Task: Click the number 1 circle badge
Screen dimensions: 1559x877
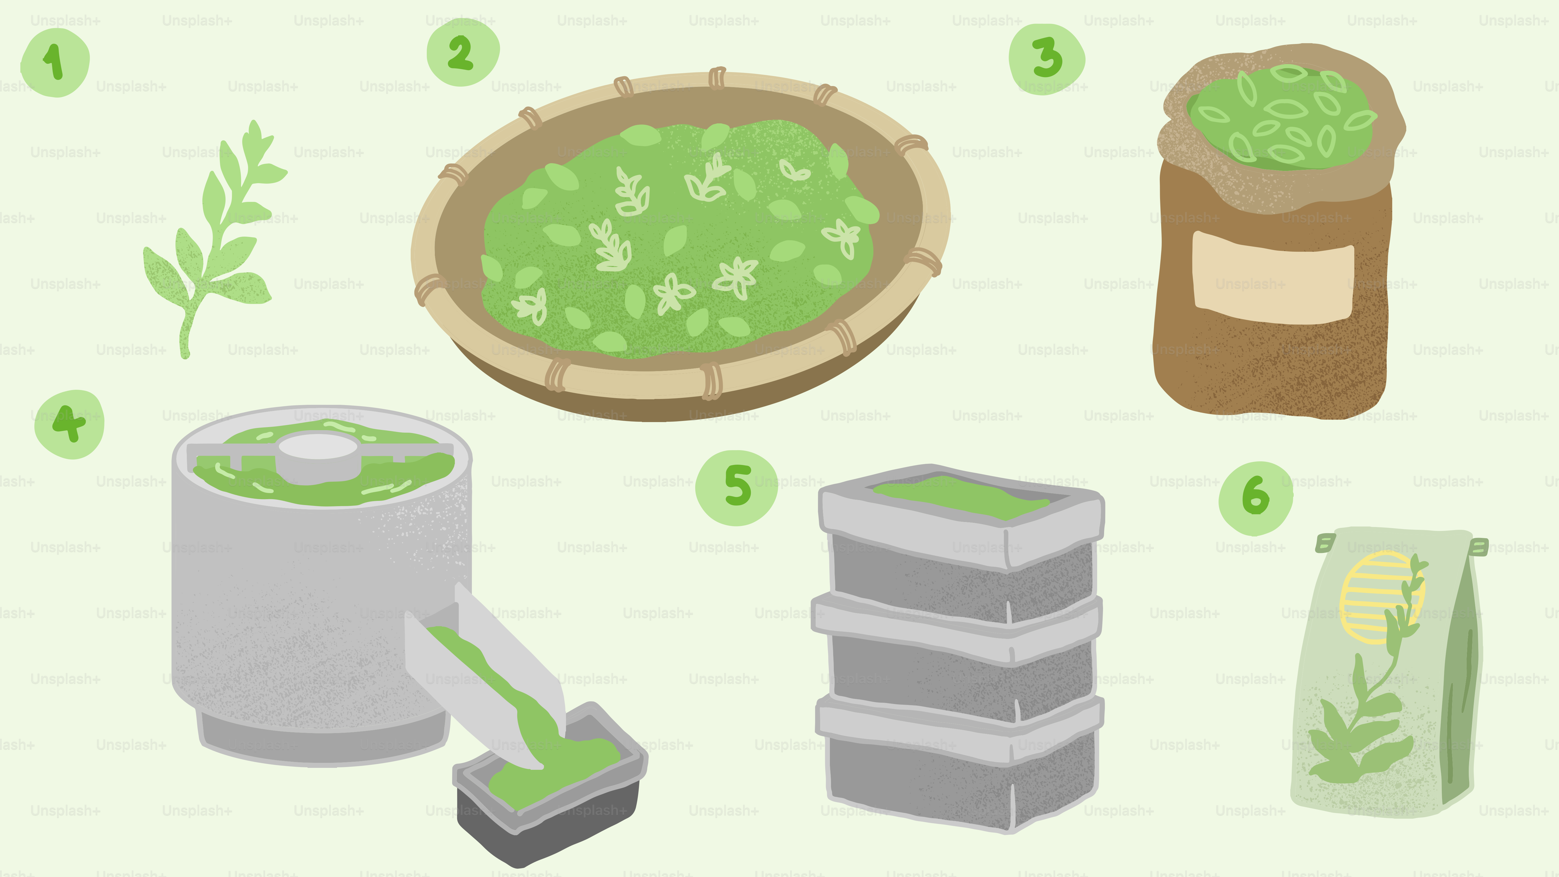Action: (x=55, y=62)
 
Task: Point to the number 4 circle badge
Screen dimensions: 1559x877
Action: (x=69, y=424)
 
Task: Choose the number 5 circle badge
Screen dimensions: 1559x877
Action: (x=737, y=488)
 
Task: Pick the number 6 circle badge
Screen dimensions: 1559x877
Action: (x=1256, y=498)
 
